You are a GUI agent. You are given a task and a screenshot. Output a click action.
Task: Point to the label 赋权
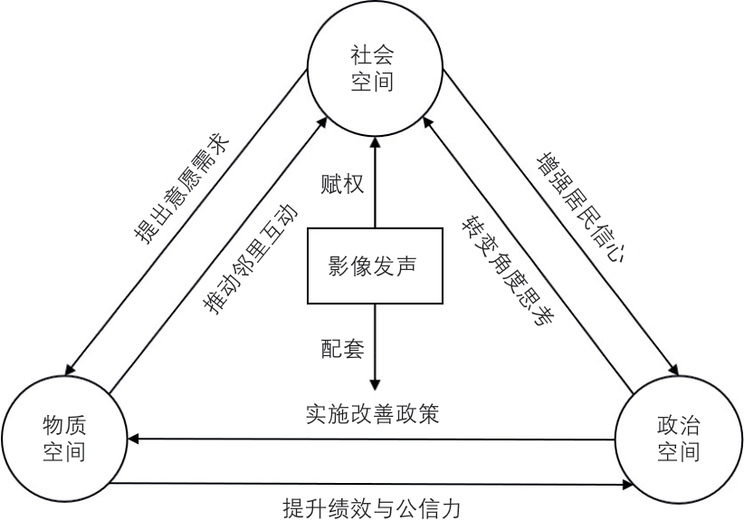(x=342, y=184)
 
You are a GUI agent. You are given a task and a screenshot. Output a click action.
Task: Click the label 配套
(x=342, y=349)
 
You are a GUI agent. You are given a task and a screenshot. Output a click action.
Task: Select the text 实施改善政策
(x=373, y=414)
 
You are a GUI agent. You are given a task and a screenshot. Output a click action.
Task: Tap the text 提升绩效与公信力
(x=372, y=508)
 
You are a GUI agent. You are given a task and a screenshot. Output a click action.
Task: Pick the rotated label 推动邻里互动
(x=250, y=259)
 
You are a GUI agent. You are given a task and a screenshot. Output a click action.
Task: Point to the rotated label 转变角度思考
(x=508, y=271)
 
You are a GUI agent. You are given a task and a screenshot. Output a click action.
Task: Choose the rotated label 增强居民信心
(x=581, y=208)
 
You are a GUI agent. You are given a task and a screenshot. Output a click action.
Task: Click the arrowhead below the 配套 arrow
(x=376, y=385)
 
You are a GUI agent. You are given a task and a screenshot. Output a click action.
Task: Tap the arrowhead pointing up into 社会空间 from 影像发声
(x=376, y=142)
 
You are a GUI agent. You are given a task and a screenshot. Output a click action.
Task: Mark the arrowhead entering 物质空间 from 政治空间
(x=133, y=439)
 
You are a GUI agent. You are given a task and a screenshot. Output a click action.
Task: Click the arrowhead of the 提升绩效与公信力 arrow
(x=627, y=485)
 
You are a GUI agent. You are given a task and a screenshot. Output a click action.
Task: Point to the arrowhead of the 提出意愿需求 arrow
(x=71, y=370)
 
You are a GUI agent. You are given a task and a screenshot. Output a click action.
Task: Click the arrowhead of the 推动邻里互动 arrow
(x=322, y=122)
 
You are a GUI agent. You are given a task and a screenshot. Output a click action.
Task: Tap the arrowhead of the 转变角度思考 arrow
(x=427, y=122)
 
